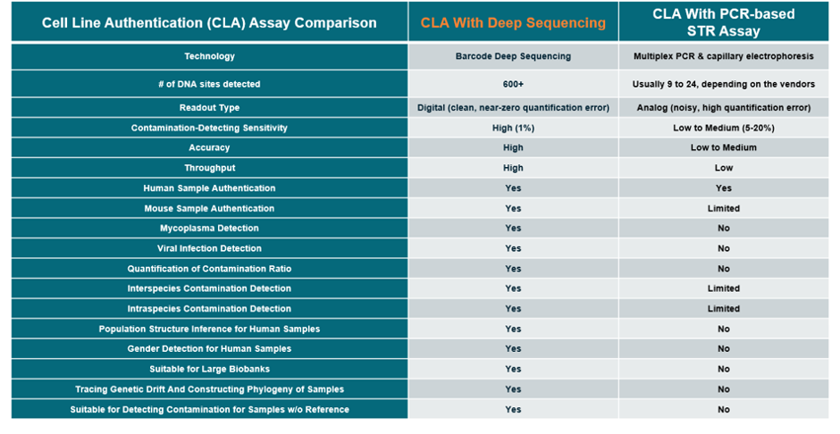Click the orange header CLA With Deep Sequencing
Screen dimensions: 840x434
point(513,23)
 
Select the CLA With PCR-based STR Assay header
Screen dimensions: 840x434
point(723,22)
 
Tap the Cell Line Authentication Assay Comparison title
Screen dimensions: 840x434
point(209,23)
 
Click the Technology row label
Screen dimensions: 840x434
point(209,56)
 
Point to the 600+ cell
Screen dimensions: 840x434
point(513,84)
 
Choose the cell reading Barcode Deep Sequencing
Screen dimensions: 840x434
point(513,56)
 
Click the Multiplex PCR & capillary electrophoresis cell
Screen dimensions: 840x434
point(723,56)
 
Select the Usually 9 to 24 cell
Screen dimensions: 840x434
point(723,84)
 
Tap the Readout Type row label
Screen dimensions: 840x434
point(209,107)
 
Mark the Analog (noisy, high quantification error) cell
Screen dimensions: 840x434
point(723,107)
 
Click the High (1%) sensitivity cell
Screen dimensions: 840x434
point(513,128)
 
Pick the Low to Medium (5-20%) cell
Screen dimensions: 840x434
point(723,128)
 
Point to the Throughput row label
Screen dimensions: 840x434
point(209,168)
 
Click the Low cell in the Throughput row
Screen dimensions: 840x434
point(723,168)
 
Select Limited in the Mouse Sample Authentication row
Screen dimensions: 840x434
point(723,208)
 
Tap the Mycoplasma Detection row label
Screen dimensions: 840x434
point(209,228)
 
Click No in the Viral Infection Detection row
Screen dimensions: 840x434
point(723,248)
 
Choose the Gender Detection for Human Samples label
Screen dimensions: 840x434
point(209,349)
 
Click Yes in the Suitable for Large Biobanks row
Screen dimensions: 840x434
point(513,369)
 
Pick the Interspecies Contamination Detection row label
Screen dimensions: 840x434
point(209,288)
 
